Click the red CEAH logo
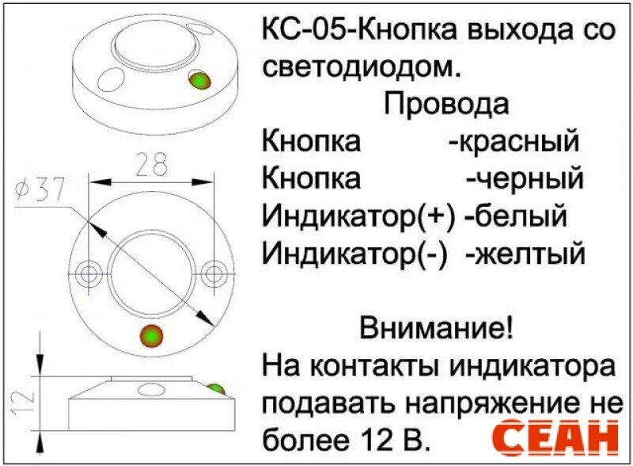click(x=555, y=437)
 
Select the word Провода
click(x=446, y=104)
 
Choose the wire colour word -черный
click(x=524, y=178)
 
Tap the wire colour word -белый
click(x=517, y=216)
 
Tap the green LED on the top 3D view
click(x=199, y=81)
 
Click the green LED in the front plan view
click(x=150, y=335)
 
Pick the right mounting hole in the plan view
click(x=212, y=273)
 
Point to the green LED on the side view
click(x=215, y=390)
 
